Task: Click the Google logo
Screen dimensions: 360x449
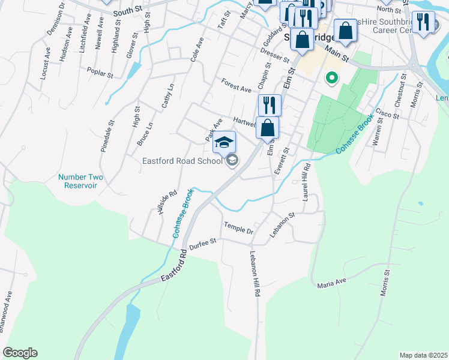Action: pos(19,353)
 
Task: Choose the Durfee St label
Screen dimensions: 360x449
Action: pos(202,242)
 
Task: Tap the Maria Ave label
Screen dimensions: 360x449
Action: pos(333,281)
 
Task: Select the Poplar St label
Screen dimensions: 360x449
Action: pos(100,73)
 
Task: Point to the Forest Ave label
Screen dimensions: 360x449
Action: pos(235,85)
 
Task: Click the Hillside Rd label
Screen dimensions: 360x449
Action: pos(167,203)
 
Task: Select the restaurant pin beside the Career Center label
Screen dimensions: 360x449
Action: pos(424,22)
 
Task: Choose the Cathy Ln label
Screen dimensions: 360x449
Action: pos(167,96)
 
